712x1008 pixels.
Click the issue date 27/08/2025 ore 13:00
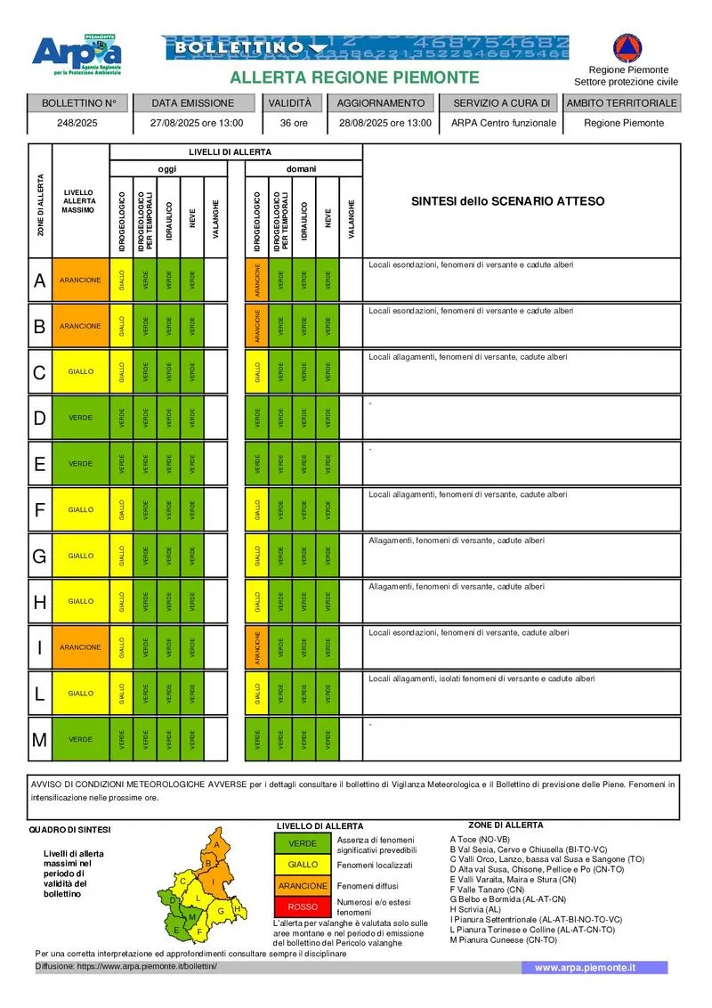tap(192, 123)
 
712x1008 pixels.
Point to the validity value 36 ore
tap(294, 123)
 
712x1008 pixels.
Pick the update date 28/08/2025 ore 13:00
tap(385, 123)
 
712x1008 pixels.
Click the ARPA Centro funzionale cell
tap(504, 123)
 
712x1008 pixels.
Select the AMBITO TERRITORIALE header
tap(622, 102)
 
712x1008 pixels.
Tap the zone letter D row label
tap(39, 418)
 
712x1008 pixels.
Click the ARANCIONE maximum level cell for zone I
tap(80, 647)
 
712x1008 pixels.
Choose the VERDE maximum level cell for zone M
tap(80, 739)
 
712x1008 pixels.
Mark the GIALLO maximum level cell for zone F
tap(80, 510)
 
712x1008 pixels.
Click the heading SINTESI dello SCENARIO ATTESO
tap(507, 201)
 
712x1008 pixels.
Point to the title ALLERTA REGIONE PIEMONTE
tap(354, 78)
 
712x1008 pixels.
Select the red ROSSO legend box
tap(303, 906)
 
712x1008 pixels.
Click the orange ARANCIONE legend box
tap(303, 886)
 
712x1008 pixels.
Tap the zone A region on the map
tap(216, 843)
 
